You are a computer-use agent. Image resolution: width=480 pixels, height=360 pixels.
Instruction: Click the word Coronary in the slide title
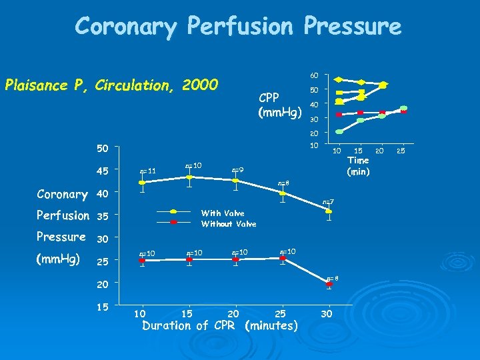126,26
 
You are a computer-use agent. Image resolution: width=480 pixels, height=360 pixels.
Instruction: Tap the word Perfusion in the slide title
241,26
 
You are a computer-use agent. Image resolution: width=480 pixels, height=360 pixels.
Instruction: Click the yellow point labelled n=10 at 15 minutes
189,177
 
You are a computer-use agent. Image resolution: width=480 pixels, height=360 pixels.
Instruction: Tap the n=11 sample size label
147,171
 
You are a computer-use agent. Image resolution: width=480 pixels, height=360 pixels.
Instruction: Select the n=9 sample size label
237,171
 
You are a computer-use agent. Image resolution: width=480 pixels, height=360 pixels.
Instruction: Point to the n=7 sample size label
329,201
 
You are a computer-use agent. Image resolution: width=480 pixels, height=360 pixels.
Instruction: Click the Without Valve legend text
229,224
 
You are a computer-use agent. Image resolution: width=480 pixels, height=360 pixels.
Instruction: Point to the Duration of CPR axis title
220,326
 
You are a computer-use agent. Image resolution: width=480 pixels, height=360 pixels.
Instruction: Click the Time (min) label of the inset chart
359,165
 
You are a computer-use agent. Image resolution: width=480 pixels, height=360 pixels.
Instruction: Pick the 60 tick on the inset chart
314,74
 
